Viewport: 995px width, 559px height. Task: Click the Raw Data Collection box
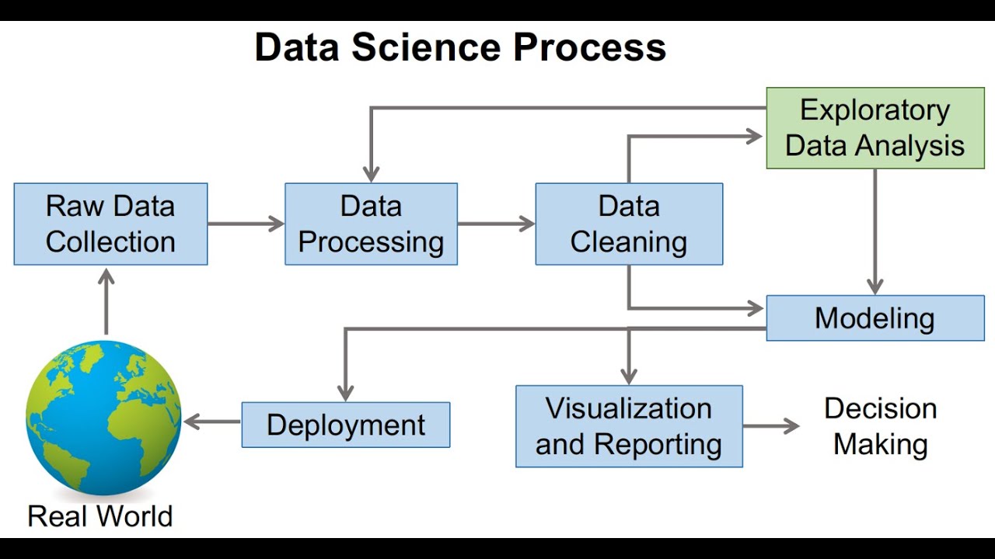110,224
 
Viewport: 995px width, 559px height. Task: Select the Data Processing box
371,224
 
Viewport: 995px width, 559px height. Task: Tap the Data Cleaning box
629,224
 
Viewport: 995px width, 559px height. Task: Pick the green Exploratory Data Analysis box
875,128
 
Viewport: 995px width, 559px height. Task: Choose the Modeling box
875,318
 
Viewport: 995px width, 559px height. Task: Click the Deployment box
346,425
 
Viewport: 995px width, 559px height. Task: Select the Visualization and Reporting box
629,426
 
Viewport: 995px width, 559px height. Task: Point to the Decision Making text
881,426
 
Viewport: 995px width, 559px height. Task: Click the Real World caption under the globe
100,516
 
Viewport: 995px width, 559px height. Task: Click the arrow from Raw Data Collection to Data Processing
246,224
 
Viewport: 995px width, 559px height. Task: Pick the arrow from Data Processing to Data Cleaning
496,224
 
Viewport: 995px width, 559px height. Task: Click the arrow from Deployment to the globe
211,422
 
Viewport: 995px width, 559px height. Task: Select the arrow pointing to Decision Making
770,425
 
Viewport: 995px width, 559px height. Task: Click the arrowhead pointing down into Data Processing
372,173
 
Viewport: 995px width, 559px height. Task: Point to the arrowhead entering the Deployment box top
346,392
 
